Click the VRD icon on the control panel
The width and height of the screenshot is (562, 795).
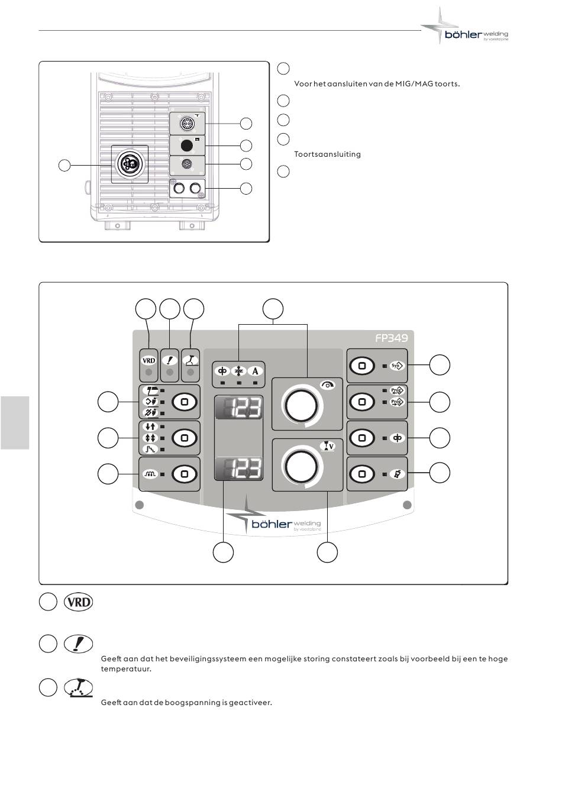(148, 361)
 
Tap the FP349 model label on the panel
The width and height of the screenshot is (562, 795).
(391, 338)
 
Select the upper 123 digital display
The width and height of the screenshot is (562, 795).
(238, 407)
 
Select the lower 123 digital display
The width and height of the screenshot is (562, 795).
(238, 468)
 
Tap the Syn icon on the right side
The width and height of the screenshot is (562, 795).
(396, 366)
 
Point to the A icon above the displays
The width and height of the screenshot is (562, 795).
(255, 371)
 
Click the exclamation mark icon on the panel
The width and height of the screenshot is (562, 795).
(170, 361)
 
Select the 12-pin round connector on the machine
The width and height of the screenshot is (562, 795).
(187, 124)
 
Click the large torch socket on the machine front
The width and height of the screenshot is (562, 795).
(130, 164)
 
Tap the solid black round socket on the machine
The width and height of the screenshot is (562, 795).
(187, 146)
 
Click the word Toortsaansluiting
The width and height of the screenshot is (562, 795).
(327, 154)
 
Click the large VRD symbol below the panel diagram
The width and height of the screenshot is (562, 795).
(79, 602)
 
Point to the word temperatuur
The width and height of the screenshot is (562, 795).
(126, 669)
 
